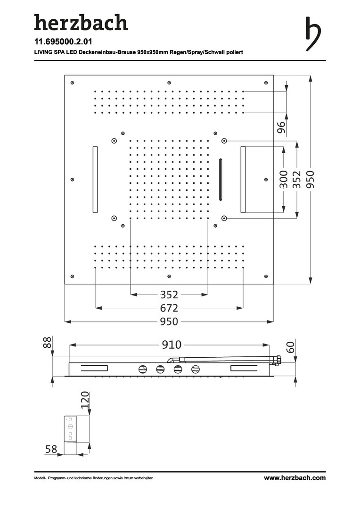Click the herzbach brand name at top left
point(81,23)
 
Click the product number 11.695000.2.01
point(63,42)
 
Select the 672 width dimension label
point(169,308)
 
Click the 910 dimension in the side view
point(172,345)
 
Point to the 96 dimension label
point(281,127)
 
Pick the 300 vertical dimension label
point(283,180)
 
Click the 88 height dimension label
point(48,343)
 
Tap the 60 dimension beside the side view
point(291,347)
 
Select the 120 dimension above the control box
point(84,400)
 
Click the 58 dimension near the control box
point(51,449)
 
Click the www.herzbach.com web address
point(295,478)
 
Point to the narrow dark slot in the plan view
point(221,180)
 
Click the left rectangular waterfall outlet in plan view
point(95,180)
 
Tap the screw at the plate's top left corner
point(73,83)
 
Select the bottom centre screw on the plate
point(169,276)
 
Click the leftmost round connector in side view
point(143,369)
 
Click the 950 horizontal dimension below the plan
point(169,321)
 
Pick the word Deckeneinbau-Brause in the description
point(109,52)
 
